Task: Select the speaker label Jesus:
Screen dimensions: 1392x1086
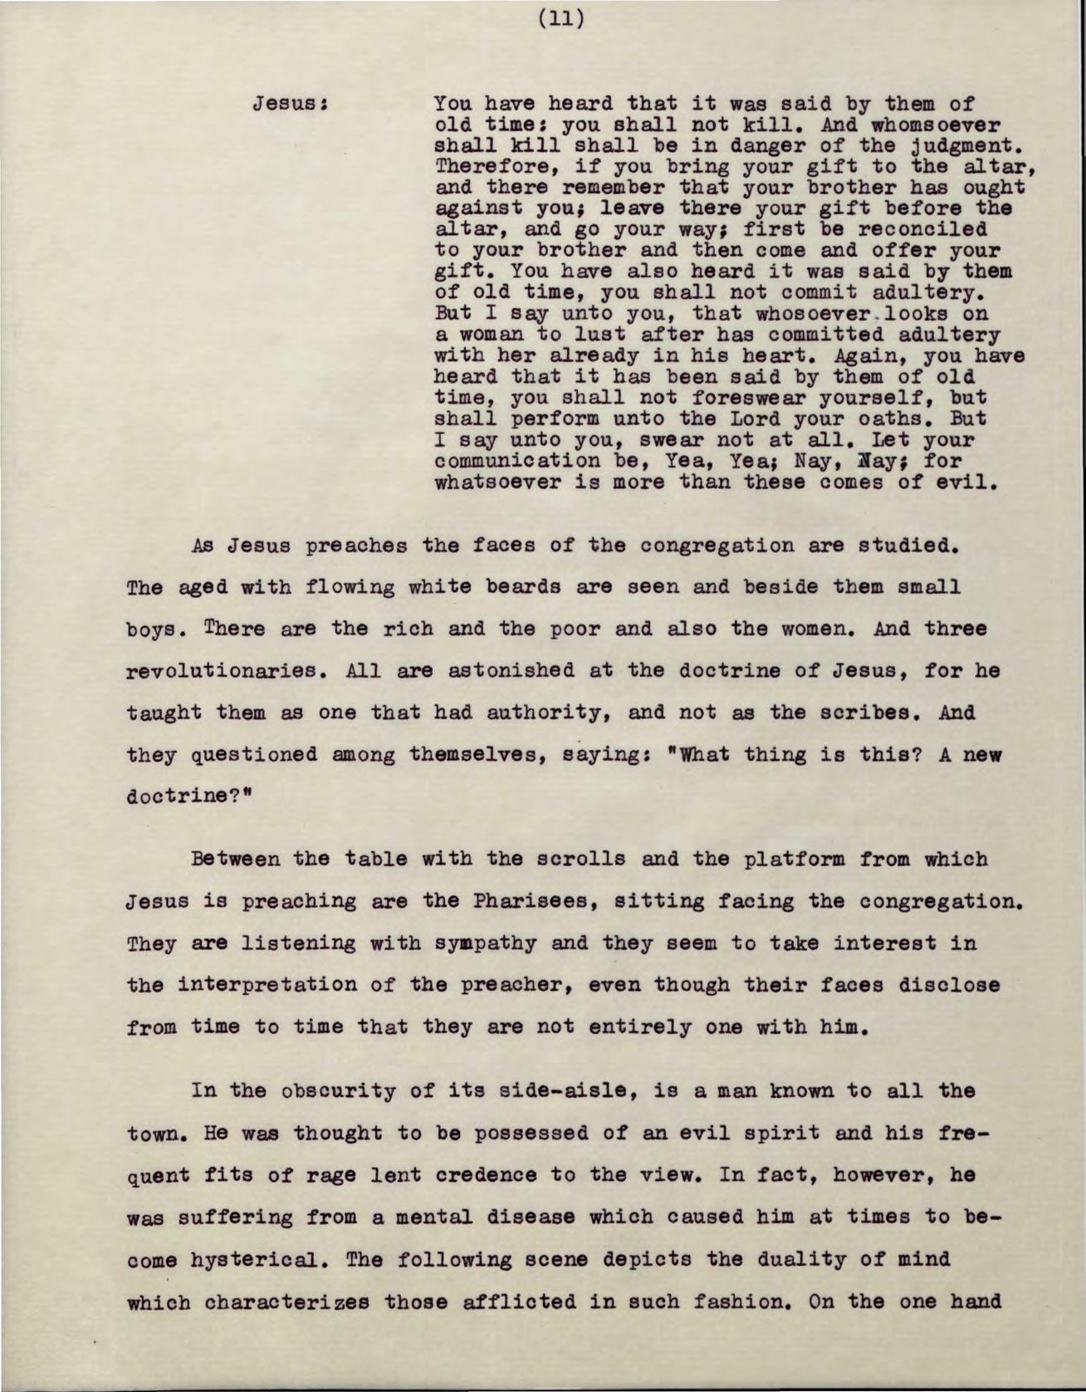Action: click(x=293, y=105)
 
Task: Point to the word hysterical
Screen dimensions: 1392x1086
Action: click(x=237, y=1259)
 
